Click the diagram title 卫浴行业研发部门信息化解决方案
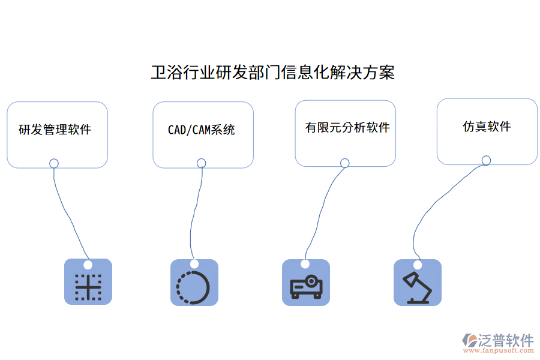coord(272,73)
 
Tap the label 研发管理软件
coord(55,129)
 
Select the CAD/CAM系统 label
coord(202,130)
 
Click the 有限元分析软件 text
coord(347,127)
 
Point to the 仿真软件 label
coord(487,126)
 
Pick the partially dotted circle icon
coord(193,287)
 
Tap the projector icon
coord(306,287)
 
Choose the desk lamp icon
coord(417,287)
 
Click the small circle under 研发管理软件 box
coord(54,163)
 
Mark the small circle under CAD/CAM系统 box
coord(202,163)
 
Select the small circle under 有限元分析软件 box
coord(345,163)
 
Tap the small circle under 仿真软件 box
coord(486,160)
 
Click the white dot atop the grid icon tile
coord(88,265)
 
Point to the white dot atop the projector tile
coord(305,264)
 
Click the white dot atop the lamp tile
coord(417,265)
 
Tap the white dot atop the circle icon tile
coord(194,264)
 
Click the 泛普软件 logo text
coord(506,340)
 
